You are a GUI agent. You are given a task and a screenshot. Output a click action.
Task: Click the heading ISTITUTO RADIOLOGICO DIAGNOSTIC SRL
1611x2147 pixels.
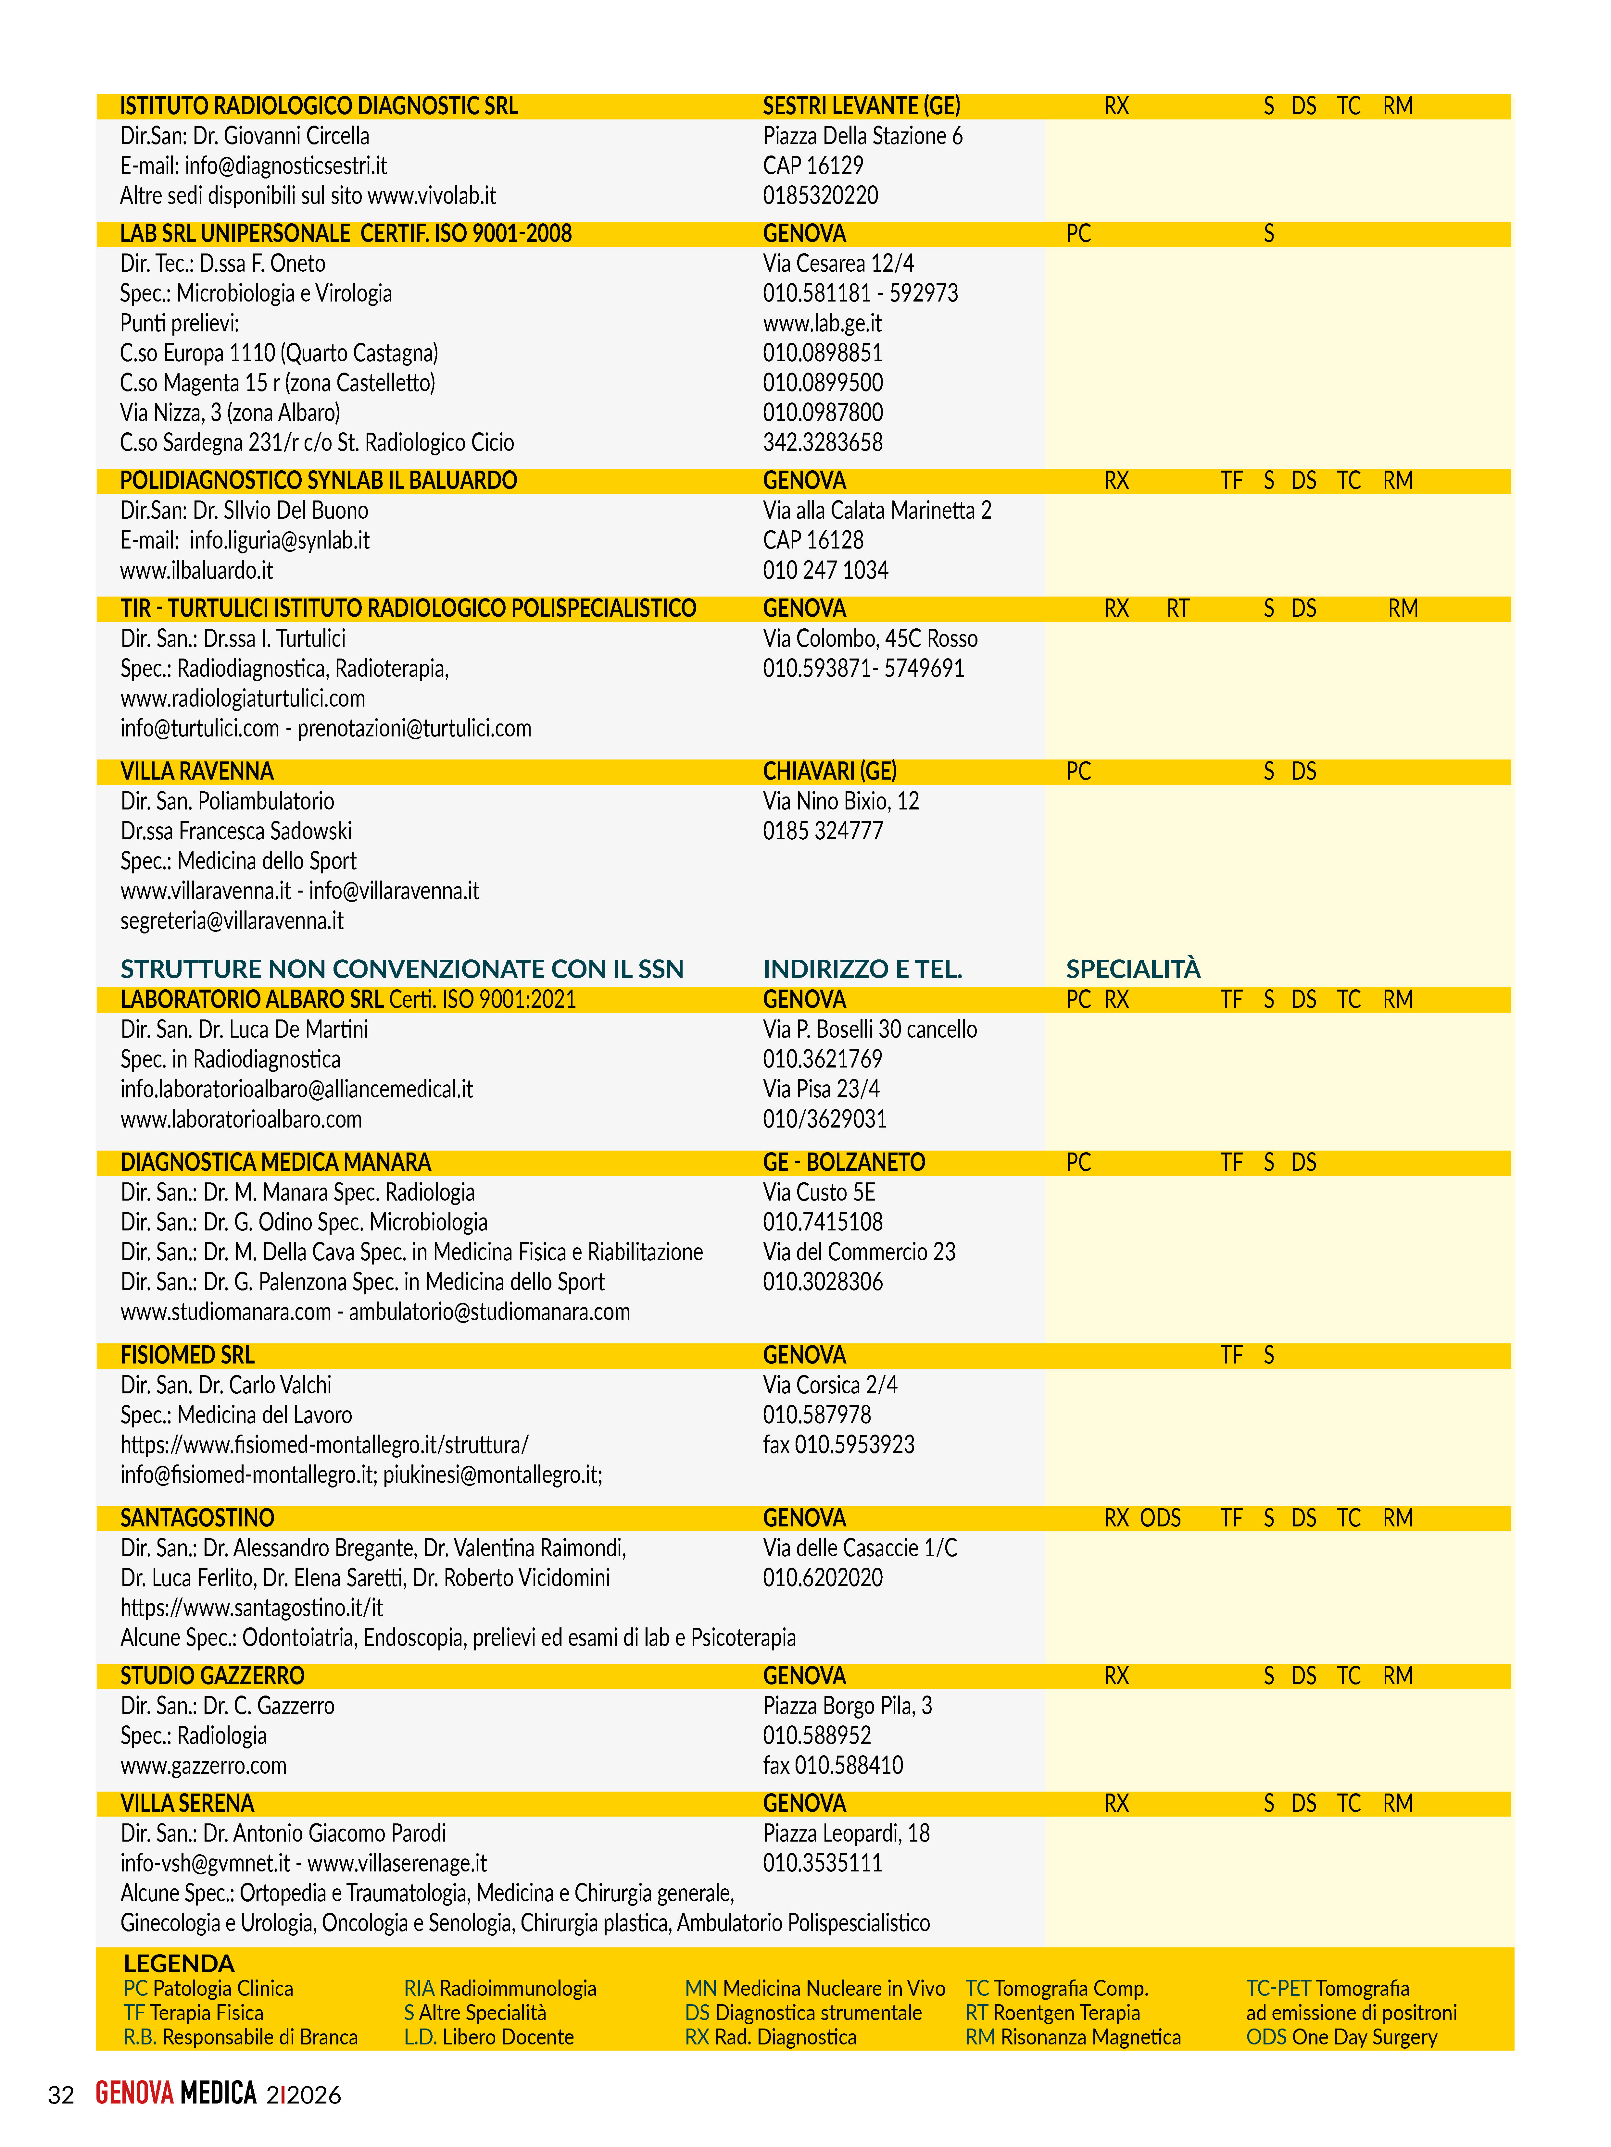[x=319, y=106]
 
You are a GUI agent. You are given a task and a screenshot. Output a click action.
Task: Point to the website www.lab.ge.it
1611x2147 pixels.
[x=822, y=323]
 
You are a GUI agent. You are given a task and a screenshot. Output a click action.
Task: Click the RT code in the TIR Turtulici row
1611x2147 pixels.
[x=1177, y=609]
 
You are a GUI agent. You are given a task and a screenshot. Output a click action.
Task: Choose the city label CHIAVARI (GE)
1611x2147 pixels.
[x=829, y=771]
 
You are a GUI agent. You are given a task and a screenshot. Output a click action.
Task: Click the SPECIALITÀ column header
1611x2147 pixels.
[x=1132, y=969]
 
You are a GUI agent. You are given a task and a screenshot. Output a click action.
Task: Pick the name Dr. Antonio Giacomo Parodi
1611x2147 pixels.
[x=324, y=1833]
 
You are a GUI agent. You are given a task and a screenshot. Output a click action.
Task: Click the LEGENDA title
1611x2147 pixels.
[x=179, y=1964]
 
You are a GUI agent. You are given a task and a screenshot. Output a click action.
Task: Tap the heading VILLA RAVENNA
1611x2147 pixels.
[x=196, y=771]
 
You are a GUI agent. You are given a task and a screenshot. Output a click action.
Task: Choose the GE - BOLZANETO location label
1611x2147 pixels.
[x=843, y=1163]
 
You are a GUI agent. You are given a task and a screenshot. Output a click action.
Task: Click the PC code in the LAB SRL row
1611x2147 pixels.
[x=1078, y=234]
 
